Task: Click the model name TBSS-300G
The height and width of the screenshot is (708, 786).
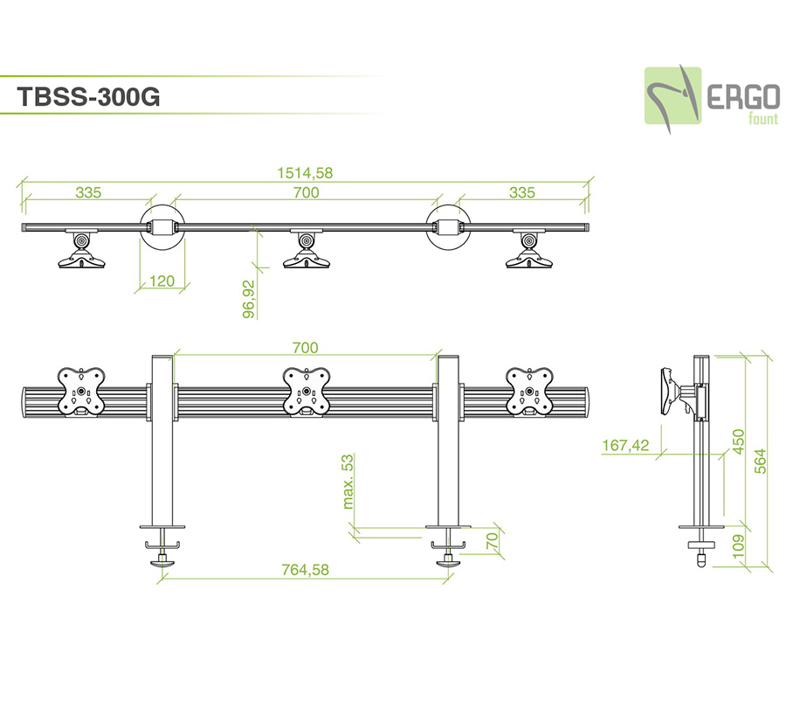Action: click(x=88, y=97)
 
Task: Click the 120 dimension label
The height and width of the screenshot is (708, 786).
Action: click(x=162, y=281)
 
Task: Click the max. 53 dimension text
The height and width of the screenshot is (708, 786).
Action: click(x=348, y=481)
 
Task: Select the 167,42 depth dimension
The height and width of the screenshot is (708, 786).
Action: click(x=624, y=446)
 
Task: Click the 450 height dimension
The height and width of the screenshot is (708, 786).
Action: click(x=737, y=442)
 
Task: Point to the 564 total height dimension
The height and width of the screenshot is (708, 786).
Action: click(x=760, y=460)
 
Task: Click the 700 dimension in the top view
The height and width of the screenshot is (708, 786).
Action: click(x=307, y=193)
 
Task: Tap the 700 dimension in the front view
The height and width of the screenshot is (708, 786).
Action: click(x=305, y=348)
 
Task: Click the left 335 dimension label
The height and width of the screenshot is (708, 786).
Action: click(x=87, y=193)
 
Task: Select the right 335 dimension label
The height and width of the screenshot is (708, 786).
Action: click(x=522, y=193)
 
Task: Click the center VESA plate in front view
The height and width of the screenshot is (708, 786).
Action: click(x=306, y=391)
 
